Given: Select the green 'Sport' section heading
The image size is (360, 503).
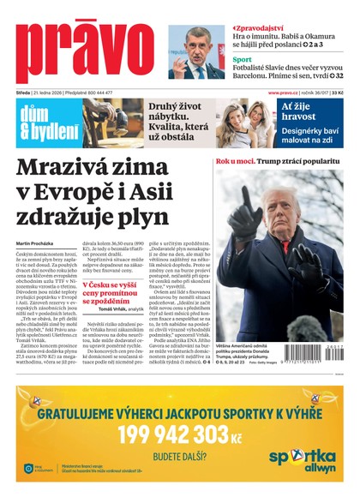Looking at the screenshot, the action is [243, 60].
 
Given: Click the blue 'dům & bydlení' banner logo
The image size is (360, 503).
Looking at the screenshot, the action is [39, 125].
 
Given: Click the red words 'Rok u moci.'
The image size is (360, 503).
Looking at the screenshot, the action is [234, 161].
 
